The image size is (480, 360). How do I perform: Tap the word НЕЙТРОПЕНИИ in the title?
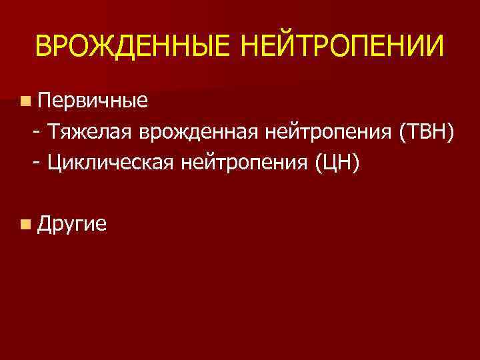(x=340, y=47)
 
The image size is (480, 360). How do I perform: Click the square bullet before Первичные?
(x=25, y=101)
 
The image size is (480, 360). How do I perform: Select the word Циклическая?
(x=109, y=161)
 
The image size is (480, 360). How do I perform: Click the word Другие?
(x=73, y=224)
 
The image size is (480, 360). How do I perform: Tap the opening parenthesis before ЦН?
(x=320, y=161)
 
